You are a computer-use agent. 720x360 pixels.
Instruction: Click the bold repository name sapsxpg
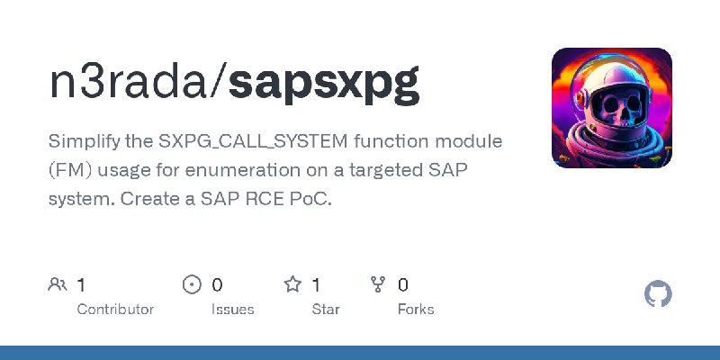323,85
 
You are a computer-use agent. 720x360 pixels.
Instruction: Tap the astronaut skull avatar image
612,108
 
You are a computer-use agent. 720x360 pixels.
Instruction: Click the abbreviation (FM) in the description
70,170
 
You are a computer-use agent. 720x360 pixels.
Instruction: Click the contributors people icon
58,285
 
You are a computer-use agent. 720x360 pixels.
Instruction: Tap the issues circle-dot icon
192,285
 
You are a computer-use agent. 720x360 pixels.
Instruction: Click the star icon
292,285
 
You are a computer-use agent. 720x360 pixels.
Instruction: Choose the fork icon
378,285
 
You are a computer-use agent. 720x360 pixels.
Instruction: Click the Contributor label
115,309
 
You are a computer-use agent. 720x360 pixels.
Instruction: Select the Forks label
415,309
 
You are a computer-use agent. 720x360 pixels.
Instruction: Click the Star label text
325,309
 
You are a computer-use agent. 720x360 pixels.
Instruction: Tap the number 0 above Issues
217,285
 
